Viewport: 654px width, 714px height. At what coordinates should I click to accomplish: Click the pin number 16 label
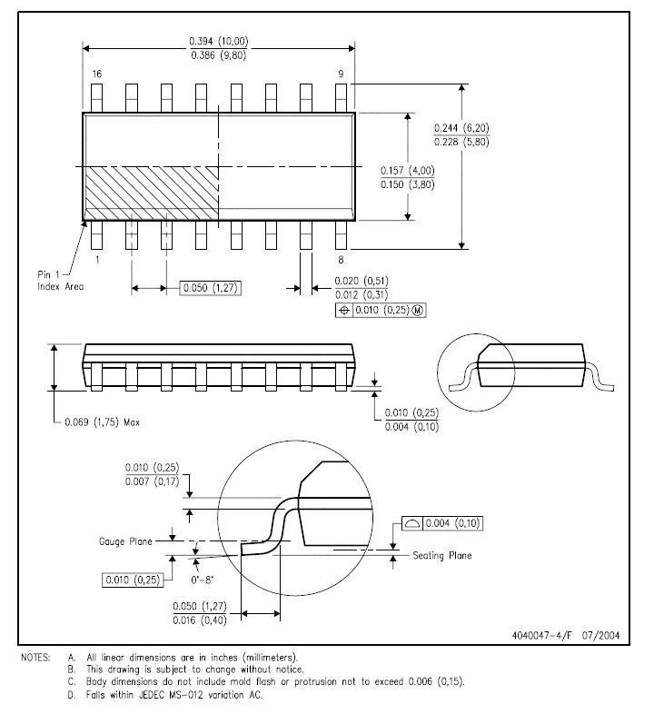(97, 74)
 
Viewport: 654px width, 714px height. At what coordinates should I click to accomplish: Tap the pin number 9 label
(342, 74)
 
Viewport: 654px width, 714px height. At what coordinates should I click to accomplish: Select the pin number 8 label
(341, 260)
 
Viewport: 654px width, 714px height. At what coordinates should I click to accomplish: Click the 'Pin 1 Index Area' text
(61, 281)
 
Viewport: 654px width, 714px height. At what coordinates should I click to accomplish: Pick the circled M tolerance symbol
(418, 310)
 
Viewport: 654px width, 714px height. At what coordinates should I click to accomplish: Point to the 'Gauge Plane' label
(125, 541)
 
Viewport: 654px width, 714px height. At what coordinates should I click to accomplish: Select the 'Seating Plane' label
(442, 556)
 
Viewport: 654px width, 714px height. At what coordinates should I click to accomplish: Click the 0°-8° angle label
(203, 580)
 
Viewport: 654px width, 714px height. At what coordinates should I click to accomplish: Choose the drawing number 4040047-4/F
(541, 636)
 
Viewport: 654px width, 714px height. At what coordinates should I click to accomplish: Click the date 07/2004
(600, 636)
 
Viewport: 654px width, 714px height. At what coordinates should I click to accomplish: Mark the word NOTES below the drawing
(36, 658)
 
